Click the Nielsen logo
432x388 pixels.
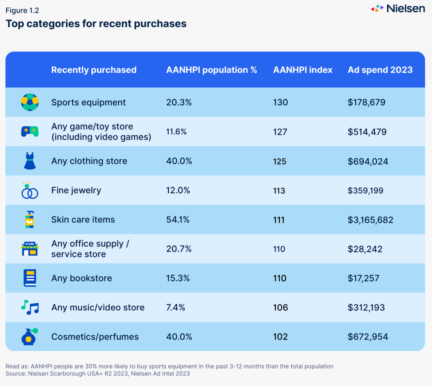[x=398, y=9]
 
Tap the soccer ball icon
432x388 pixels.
[x=30, y=102]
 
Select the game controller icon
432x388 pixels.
[x=30, y=132]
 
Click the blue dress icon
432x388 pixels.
[x=30, y=161]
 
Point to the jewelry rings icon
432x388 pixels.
[x=30, y=190]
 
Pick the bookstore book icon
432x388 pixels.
[x=30, y=278]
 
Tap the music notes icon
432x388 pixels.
[x=30, y=307]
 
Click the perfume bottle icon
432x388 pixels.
[x=30, y=337]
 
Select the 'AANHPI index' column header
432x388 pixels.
[x=303, y=70]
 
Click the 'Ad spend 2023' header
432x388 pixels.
[x=380, y=70]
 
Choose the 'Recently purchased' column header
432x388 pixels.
[x=94, y=70]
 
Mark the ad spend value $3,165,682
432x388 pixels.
[x=370, y=220]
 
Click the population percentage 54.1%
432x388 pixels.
[x=178, y=220]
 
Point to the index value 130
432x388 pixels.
[x=280, y=102]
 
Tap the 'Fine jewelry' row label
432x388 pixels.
[x=76, y=190]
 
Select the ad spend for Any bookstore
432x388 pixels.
[x=363, y=278]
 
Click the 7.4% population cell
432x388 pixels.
[x=175, y=307]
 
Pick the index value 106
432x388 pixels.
[x=280, y=307]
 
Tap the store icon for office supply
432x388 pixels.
[x=30, y=249]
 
